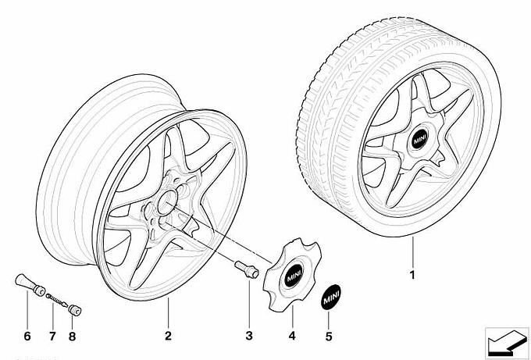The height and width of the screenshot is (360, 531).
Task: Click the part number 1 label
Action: click(412, 275)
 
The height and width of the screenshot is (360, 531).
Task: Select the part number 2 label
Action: click(167, 337)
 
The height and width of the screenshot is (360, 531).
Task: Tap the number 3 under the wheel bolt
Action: click(249, 337)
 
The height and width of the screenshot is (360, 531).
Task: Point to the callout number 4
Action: click(290, 337)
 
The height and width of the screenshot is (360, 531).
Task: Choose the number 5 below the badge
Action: click(329, 337)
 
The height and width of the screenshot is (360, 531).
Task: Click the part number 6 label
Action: click(26, 337)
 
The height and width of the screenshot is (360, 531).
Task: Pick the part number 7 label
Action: click(52, 337)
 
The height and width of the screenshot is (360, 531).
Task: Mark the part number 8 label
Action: click(73, 337)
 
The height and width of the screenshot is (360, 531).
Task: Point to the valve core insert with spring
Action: click(54, 298)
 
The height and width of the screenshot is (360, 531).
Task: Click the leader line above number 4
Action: click(290, 315)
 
